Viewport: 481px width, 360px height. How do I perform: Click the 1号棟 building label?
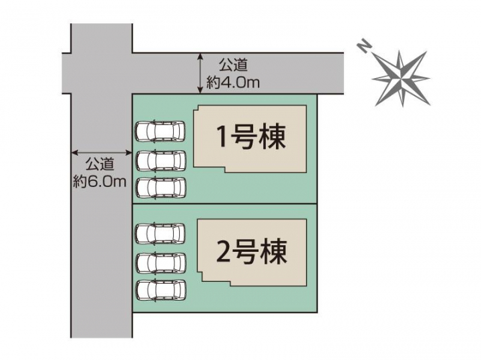click(x=251, y=137)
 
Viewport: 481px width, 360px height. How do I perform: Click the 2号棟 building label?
click(x=252, y=251)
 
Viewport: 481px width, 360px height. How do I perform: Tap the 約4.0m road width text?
click(x=233, y=83)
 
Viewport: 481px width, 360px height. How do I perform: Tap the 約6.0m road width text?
click(x=100, y=182)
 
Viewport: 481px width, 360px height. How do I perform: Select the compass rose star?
click(x=401, y=78)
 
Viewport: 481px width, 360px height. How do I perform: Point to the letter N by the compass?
click(x=364, y=47)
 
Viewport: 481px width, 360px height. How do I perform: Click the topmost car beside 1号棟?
click(x=160, y=132)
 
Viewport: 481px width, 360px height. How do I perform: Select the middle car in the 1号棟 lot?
click(x=160, y=160)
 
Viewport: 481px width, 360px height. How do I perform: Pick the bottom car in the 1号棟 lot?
click(x=160, y=188)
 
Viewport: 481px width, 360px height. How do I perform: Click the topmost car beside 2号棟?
click(x=160, y=234)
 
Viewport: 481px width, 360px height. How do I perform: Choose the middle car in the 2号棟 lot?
click(x=160, y=262)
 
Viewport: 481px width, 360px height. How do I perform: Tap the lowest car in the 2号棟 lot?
click(x=160, y=290)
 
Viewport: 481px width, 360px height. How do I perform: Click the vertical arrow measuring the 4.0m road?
click(x=200, y=73)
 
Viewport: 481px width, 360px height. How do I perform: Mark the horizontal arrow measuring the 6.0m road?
click(x=102, y=152)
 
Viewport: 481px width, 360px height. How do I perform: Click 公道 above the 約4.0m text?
click(x=233, y=65)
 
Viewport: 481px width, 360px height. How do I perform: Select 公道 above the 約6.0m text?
click(x=100, y=164)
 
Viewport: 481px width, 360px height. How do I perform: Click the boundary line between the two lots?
click(x=224, y=204)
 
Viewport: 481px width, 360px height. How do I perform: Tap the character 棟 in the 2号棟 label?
click(x=273, y=251)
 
